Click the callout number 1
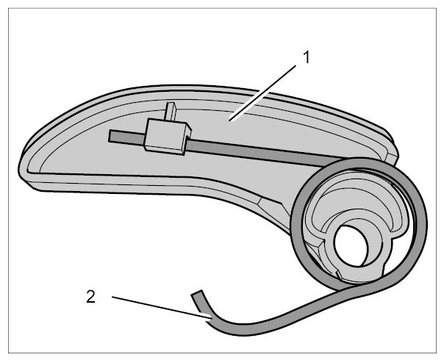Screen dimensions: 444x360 307,57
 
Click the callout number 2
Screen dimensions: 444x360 90,297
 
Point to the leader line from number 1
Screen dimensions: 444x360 262,93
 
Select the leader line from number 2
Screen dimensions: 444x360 162,308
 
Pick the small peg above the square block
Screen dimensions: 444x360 171,111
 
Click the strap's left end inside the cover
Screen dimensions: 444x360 110,136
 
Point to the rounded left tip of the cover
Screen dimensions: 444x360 21,170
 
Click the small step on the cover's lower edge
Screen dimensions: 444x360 260,201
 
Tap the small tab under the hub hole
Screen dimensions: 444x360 340,275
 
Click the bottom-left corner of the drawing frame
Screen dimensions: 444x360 9,353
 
